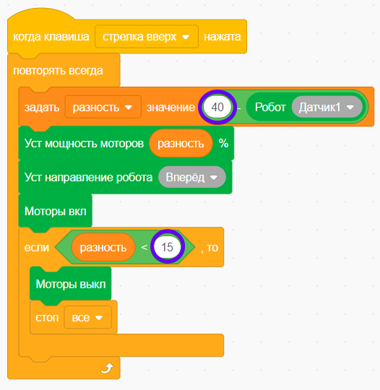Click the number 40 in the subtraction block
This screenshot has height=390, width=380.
(x=217, y=107)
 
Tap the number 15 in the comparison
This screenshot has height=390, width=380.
(x=167, y=247)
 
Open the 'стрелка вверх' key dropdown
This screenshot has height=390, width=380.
(x=147, y=37)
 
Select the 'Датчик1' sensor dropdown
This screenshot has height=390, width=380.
(x=327, y=107)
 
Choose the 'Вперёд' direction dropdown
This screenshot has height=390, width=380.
(x=192, y=177)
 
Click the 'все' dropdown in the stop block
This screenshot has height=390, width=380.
(x=88, y=317)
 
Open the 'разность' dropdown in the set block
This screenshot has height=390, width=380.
(x=103, y=107)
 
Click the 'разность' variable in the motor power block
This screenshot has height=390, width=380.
(x=181, y=143)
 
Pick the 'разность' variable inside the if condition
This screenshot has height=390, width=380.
(x=103, y=247)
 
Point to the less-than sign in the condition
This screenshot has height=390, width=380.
(x=144, y=247)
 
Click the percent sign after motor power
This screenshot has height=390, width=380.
(x=223, y=143)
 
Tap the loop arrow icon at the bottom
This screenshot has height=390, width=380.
(x=107, y=368)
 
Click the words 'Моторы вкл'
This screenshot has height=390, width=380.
(x=56, y=211)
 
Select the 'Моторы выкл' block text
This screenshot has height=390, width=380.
(x=71, y=284)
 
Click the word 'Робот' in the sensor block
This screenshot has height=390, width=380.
(x=270, y=107)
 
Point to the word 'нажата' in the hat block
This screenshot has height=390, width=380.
(x=223, y=37)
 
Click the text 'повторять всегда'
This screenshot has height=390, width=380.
(x=58, y=71)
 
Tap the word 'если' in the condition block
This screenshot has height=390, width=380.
(x=37, y=248)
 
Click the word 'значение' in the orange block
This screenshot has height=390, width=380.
(x=170, y=108)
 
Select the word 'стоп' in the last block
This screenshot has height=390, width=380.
(x=47, y=318)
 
